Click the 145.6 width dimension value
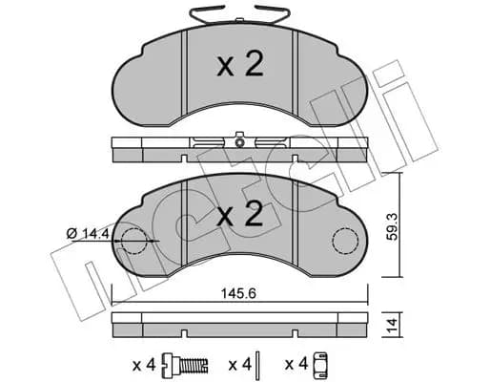[238, 294]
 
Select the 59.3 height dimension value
[393, 226]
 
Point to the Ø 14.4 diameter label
[88, 234]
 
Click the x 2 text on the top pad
[240, 65]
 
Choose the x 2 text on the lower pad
[240, 214]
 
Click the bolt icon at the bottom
[185, 363]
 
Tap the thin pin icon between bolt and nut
[258, 363]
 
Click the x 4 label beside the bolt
[144, 365]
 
